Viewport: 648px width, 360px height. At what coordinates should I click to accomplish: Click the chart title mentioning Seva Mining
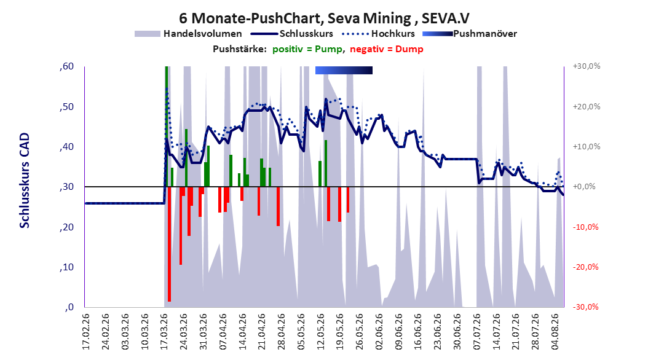coord(324,18)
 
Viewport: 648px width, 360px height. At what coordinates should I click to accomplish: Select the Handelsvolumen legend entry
coord(188,34)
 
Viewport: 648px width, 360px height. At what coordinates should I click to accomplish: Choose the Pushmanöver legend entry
coord(470,34)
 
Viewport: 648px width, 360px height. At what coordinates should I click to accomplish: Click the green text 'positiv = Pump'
coord(307,49)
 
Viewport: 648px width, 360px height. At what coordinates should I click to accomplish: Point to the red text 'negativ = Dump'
coord(387,49)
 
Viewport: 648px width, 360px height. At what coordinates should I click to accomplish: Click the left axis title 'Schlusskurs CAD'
coord(25,181)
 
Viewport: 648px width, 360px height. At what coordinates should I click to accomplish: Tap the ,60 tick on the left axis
coord(66,66)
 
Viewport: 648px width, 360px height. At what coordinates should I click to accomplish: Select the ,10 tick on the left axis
coord(66,267)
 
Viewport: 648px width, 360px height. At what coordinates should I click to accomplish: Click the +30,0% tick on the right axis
coord(587,66)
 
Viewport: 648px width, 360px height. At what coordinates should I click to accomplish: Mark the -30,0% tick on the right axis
coord(585,307)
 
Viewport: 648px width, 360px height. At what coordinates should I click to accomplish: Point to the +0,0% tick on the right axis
coord(584,187)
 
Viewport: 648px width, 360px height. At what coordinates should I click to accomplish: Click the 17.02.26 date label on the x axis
coord(85,331)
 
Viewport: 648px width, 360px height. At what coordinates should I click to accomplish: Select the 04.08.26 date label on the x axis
coord(555,331)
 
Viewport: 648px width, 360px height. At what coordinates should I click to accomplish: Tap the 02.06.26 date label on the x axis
coord(379,331)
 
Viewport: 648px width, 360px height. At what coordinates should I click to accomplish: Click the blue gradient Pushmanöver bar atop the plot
coord(344,70)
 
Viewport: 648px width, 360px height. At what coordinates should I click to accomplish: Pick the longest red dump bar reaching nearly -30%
coord(170,244)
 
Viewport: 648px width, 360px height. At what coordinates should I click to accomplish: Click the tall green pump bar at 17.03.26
coord(166,127)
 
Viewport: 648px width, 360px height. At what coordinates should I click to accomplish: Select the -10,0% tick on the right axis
coord(585,227)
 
